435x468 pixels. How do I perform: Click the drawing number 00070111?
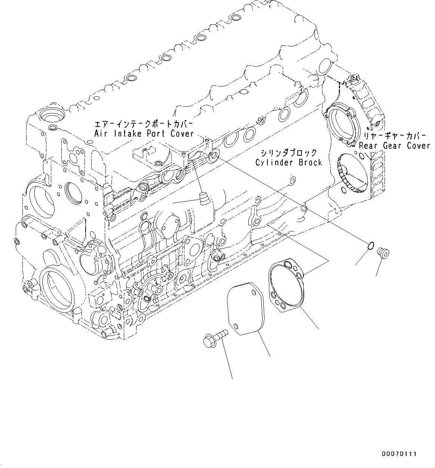tap(399, 454)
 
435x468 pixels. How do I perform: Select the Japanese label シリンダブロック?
tap(289, 153)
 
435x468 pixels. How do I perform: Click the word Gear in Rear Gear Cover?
tap(391, 146)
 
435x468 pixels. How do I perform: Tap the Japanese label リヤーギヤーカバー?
tap(392, 136)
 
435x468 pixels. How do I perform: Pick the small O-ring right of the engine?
tap(370, 246)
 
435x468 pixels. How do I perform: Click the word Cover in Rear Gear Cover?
tap(418, 146)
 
